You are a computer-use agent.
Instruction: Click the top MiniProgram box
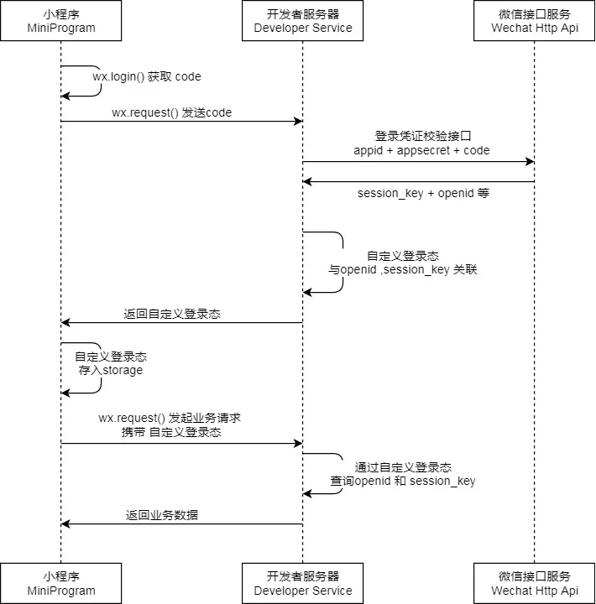(60, 21)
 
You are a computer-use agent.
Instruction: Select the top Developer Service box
(303, 21)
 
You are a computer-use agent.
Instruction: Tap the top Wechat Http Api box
(535, 21)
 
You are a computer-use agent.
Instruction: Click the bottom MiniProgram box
(60, 583)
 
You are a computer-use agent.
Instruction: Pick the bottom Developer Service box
(303, 583)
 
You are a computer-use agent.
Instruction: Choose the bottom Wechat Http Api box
(535, 583)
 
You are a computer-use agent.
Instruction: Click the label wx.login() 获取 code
(147, 76)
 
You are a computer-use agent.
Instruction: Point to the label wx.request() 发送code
(171, 112)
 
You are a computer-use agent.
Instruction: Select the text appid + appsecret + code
(421, 150)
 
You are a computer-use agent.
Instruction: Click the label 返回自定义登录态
(172, 314)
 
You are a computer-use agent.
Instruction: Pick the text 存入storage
(111, 370)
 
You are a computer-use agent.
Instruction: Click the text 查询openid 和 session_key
(403, 481)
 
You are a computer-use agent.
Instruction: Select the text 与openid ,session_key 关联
(403, 271)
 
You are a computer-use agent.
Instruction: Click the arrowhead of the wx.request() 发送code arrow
(298, 122)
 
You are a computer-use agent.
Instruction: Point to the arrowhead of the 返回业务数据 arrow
(66, 524)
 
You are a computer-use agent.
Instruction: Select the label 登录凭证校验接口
(417, 135)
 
